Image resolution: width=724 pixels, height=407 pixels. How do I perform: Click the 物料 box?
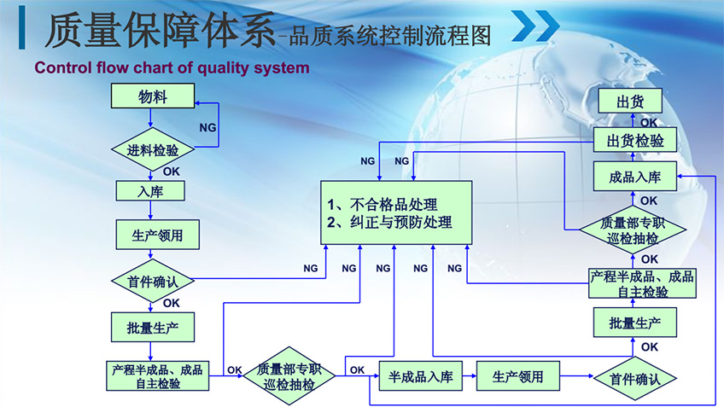pyautogui.click(x=154, y=97)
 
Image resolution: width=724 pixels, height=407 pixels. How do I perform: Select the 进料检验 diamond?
pyautogui.click(x=154, y=150)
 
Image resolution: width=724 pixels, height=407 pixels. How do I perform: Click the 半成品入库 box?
pyautogui.click(x=420, y=375)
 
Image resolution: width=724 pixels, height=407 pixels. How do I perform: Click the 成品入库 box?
pyautogui.click(x=635, y=178)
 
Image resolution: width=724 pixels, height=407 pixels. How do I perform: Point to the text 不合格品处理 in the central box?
pyautogui.click(x=394, y=205)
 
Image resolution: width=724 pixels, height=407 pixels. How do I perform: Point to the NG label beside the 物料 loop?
pyautogui.click(x=207, y=127)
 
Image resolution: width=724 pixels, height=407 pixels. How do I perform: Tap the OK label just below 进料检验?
pyautogui.click(x=172, y=172)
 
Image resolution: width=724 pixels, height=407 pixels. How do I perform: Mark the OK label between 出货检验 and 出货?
pyautogui.click(x=649, y=122)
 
